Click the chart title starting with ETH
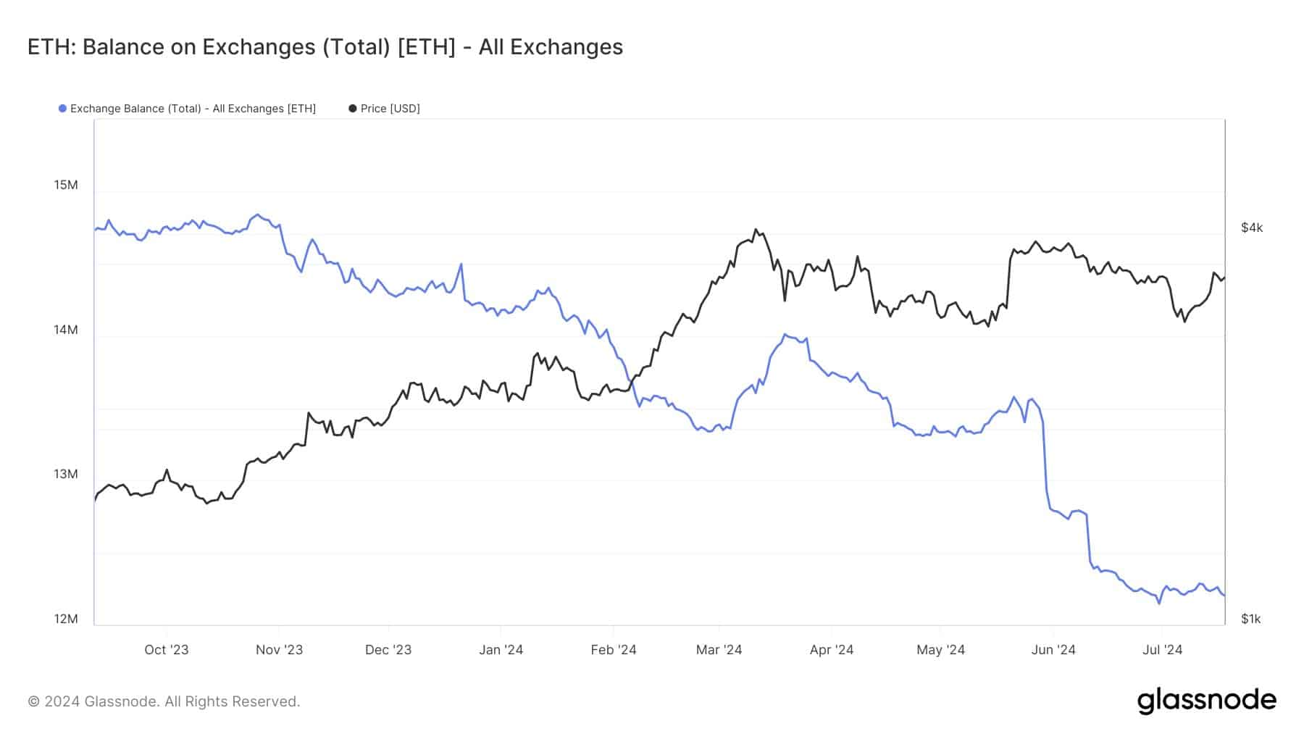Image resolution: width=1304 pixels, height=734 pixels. [325, 47]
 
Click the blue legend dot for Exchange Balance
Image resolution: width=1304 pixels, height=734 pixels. [62, 109]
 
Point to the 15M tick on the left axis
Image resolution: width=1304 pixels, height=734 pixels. [66, 185]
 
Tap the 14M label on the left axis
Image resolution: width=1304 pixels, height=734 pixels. [66, 330]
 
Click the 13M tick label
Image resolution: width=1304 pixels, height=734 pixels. [66, 474]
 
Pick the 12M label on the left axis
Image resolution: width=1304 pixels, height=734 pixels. [66, 619]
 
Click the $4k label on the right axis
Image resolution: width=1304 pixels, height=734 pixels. [1251, 228]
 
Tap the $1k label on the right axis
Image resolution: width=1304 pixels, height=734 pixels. [1250, 619]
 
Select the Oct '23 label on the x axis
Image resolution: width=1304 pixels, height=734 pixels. [166, 650]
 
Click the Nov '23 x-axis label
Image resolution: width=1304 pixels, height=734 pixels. [279, 650]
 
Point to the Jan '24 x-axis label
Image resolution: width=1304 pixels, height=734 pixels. [501, 650]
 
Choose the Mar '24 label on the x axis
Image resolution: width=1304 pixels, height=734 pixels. [719, 650]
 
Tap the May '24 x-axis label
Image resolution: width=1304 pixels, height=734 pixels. [940, 650]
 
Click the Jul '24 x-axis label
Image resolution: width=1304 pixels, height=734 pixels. [1162, 650]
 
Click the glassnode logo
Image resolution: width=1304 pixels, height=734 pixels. [1206, 701]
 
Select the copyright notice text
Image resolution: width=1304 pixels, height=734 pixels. [164, 701]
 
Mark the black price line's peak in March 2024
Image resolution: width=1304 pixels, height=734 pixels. [756, 230]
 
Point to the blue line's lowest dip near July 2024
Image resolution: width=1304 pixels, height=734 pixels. [1159, 603]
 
